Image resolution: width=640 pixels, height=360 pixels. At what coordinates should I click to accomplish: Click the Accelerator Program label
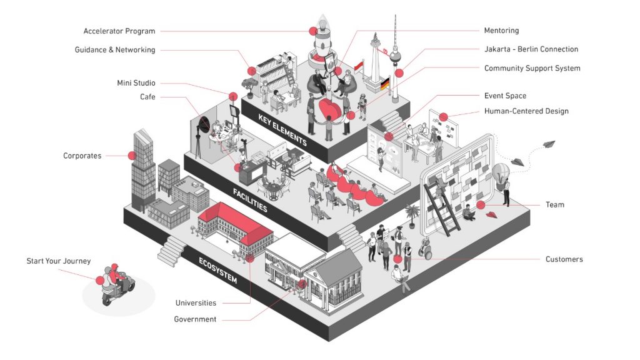119,31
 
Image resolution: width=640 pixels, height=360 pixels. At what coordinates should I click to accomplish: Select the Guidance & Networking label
115,50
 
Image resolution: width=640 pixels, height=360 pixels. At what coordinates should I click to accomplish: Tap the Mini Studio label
136,83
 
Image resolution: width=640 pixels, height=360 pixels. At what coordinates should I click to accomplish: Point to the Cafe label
147,97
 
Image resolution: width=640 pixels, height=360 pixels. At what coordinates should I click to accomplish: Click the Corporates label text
82,156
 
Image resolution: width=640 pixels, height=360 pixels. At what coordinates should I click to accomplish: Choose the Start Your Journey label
58,261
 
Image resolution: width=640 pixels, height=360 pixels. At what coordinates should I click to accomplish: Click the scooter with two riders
116,285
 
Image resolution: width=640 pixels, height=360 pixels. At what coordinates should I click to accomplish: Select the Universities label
196,303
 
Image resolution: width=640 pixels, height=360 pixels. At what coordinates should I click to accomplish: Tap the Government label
195,319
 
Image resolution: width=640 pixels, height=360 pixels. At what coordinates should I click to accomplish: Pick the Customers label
564,259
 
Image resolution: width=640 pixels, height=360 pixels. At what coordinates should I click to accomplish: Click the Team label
554,204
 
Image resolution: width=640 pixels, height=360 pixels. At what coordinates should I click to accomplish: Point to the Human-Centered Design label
526,111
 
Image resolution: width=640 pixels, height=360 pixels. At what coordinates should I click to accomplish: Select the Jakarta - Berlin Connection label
531,49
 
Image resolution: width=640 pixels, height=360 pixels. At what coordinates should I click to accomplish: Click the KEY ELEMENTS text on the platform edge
282,130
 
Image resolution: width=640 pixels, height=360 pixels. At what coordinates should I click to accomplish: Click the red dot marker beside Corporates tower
132,156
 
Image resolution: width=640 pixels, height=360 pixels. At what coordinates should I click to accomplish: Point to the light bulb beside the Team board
501,173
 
